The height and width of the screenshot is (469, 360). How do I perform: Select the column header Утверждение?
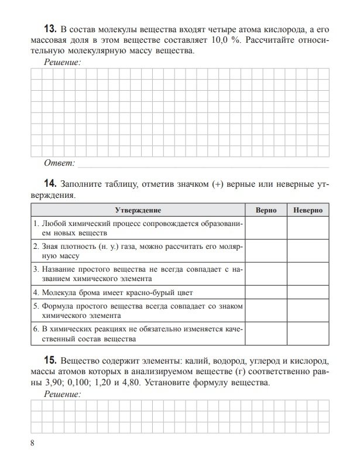click(x=138, y=210)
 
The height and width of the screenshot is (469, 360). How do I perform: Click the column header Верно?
click(x=266, y=210)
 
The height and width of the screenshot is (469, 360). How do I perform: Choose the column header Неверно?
click(x=308, y=210)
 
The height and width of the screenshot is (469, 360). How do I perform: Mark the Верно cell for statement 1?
click(x=266, y=228)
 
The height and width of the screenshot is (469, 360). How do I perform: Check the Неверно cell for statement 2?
click(x=308, y=251)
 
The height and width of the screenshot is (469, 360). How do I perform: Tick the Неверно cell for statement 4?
click(x=308, y=292)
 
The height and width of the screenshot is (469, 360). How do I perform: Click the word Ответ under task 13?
click(x=59, y=162)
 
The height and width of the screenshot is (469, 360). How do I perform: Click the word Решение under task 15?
click(x=63, y=395)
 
